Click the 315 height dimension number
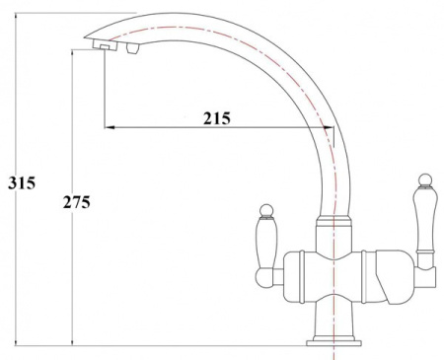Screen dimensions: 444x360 click(22, 183)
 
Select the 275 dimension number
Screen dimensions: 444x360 click(77, 202)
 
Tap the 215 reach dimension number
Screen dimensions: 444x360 click(217, 118)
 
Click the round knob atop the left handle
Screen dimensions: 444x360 click(266, 210)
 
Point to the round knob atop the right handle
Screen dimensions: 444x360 click(424, 180)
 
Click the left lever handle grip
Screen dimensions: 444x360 click(266, 243)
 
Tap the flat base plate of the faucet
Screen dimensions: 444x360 click(333, 343)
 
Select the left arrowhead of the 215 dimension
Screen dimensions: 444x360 click(110, 127)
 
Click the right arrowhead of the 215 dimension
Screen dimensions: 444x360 click(329, 127)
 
